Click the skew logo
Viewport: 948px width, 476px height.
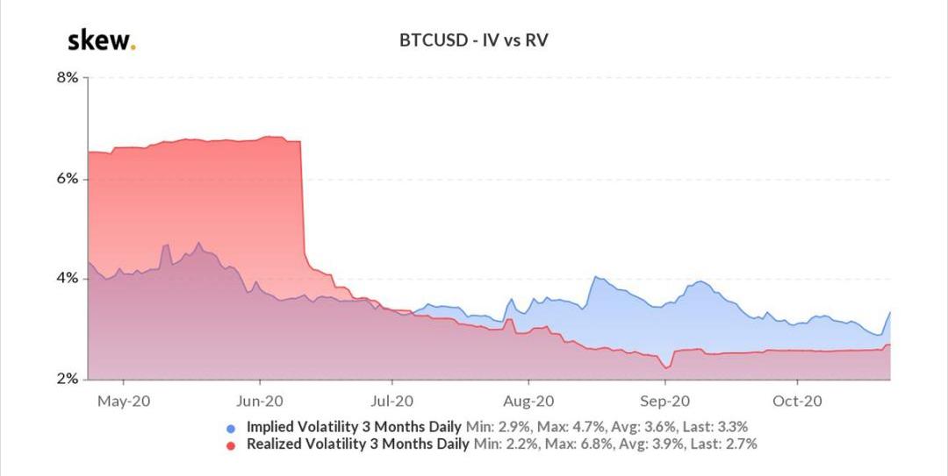point(101,40)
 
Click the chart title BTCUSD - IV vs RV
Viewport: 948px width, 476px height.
point(474,40)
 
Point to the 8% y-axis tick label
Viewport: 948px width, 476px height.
point(68,77)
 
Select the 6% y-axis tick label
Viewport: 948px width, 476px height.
point(68,178)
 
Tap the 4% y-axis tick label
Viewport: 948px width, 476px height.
point(68,279)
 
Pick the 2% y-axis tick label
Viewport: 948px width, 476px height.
point(68,380)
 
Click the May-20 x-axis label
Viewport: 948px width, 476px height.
point(123,401)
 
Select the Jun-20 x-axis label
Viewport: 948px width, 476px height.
point(260,401)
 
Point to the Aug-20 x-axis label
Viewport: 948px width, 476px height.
point(528,401)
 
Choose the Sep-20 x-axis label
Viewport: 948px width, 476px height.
point(664,401)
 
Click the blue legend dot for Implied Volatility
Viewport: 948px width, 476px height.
point(232,429)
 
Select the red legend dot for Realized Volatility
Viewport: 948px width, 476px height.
point(232,445)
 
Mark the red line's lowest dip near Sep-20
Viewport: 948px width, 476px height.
point(667,367)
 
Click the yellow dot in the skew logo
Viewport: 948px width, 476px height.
point(133,47)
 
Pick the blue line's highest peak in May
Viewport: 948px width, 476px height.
point(198,243)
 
